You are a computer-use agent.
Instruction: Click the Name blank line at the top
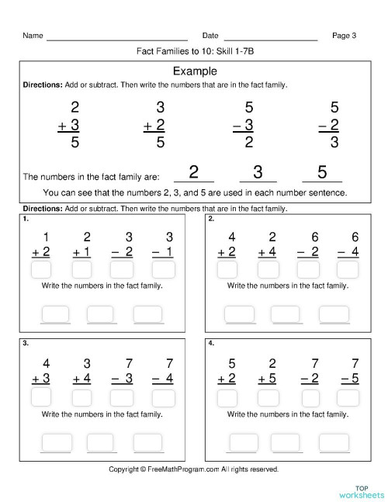[x=116, y=36]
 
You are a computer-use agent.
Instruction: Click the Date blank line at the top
[x=270, y=36]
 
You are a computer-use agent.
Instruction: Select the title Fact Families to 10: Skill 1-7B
[x=194, y=52]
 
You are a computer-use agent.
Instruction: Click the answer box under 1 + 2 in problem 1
[x=42, y=270]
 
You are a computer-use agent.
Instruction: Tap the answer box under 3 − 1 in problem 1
[x=162, y=270]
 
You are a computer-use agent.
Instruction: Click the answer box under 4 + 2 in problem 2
[x=227, y=270]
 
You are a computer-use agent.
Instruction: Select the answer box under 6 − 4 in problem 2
[x=348, y=270]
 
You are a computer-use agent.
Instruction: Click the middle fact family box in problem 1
[x=102, y=313]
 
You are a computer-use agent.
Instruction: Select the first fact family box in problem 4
[x=240, y=441]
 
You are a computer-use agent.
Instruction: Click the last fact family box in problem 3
[x=148, y=441]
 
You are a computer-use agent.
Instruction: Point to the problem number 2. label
[x=211, y=219]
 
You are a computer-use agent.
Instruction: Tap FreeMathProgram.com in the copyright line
[x=183, y=469]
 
